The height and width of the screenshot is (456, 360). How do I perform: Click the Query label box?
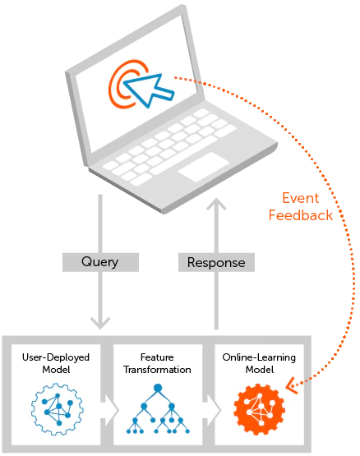[100, 262]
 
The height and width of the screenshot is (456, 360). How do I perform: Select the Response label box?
[216, 262]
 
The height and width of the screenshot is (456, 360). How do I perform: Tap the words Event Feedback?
[301, 207]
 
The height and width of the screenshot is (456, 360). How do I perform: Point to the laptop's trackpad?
[204, 167]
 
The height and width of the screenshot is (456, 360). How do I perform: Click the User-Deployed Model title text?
[56, 363]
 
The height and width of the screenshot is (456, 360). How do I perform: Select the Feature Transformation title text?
[157, 363]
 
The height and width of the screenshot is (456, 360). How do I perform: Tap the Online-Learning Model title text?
[259, 363]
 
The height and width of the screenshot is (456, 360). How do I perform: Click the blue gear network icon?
[58, 409]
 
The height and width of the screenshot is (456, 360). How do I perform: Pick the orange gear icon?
[259, 409]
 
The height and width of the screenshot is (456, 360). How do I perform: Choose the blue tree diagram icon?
[158, 409]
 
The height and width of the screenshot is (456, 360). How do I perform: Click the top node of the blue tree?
[158, 388]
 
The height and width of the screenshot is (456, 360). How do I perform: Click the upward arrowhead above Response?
[216, 204]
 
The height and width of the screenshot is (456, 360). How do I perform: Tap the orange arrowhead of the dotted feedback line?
[292, 386]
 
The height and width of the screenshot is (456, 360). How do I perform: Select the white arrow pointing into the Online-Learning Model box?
[212, 410]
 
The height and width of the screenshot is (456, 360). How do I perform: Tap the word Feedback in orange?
[301, 215]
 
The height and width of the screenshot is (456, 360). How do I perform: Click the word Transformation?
[157, 370]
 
